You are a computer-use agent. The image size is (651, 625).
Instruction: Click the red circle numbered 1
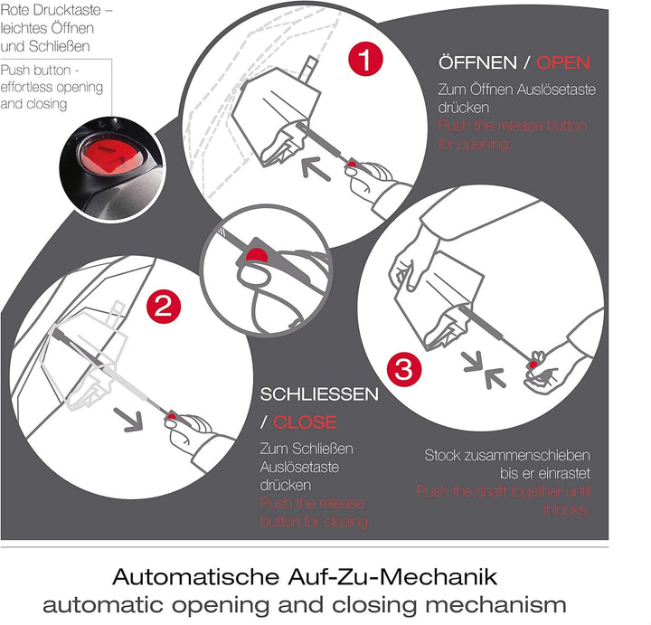point(364,61)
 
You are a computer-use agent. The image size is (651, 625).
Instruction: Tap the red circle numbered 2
point(162,306)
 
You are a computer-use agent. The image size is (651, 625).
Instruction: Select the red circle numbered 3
point(404,369)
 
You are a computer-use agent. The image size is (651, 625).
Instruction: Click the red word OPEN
point(562,62)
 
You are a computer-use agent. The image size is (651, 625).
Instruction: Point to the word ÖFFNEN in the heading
point(479,62)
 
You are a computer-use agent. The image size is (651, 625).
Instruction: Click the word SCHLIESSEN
point(319,395)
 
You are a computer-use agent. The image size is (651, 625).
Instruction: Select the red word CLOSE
point(305,421)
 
